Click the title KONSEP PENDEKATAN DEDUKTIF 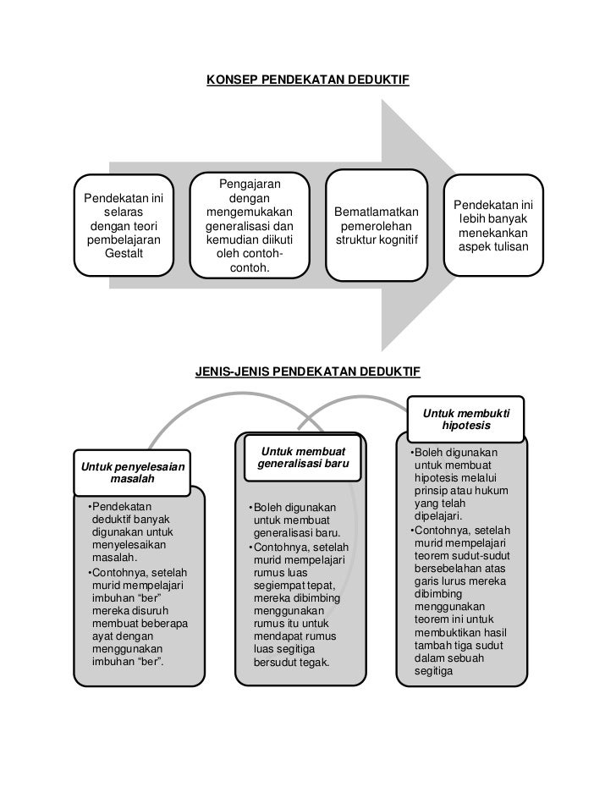click(x=308, y=81)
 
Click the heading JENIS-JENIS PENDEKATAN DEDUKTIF click(x=308, y=372)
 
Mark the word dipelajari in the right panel click(x=437, y=515)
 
